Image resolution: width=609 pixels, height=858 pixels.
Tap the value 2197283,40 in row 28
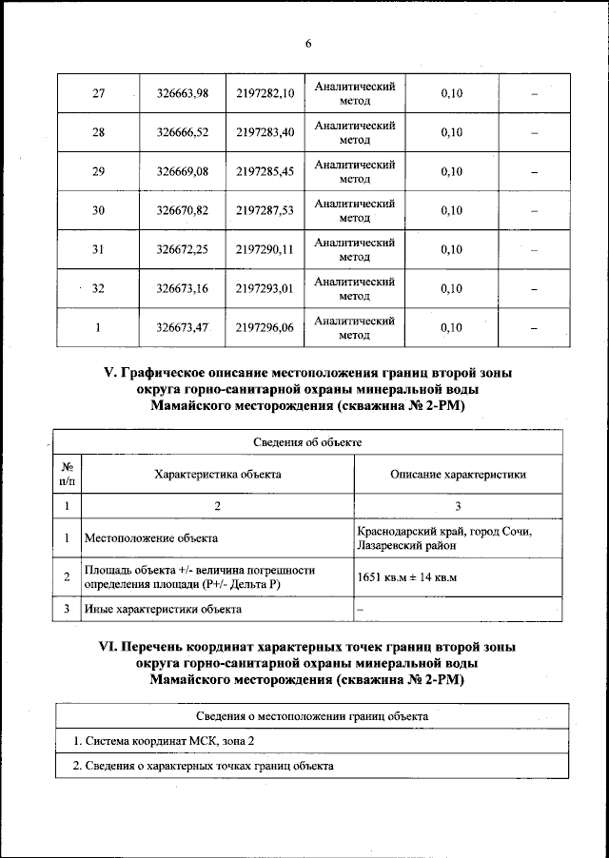coord(265,132)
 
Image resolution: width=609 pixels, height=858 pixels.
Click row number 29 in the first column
coord(98,171)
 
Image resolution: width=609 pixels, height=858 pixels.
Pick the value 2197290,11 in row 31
coord(265,249)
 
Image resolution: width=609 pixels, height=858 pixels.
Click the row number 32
coord(98,288)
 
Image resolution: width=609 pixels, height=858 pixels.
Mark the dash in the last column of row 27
coord(534,93)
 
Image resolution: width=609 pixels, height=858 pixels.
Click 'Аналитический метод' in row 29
coord(354,171)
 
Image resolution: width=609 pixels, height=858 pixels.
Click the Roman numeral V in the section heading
coord(108,374)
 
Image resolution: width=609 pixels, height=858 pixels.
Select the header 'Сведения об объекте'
coord(307,442)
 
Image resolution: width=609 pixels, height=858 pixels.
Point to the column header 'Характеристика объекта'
coord(218,474)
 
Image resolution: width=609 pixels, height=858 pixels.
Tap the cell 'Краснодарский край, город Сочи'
coord(444,531)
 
